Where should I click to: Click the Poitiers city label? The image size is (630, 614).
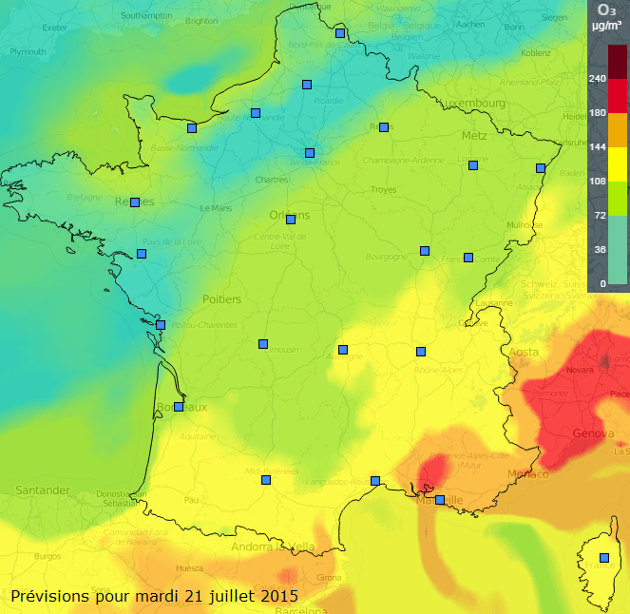[221, 299]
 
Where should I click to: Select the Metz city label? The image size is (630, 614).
[473, 136]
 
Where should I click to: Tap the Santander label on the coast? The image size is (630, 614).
[42, 490]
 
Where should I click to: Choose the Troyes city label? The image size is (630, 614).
[383, 190]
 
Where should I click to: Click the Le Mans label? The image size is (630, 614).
[217, 208]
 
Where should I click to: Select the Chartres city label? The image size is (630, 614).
[273, 180]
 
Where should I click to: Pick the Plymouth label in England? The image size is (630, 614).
[28, 52]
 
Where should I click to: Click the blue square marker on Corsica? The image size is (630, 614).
[603, 558]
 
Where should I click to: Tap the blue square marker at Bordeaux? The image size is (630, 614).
[178, 407]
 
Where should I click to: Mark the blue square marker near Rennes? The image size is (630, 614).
[135, 202]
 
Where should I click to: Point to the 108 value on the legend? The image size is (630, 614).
[597, 181]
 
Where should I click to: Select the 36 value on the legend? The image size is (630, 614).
[600, 249]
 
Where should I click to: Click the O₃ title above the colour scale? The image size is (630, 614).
[605, 10]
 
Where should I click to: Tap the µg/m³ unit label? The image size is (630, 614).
[605, 27]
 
